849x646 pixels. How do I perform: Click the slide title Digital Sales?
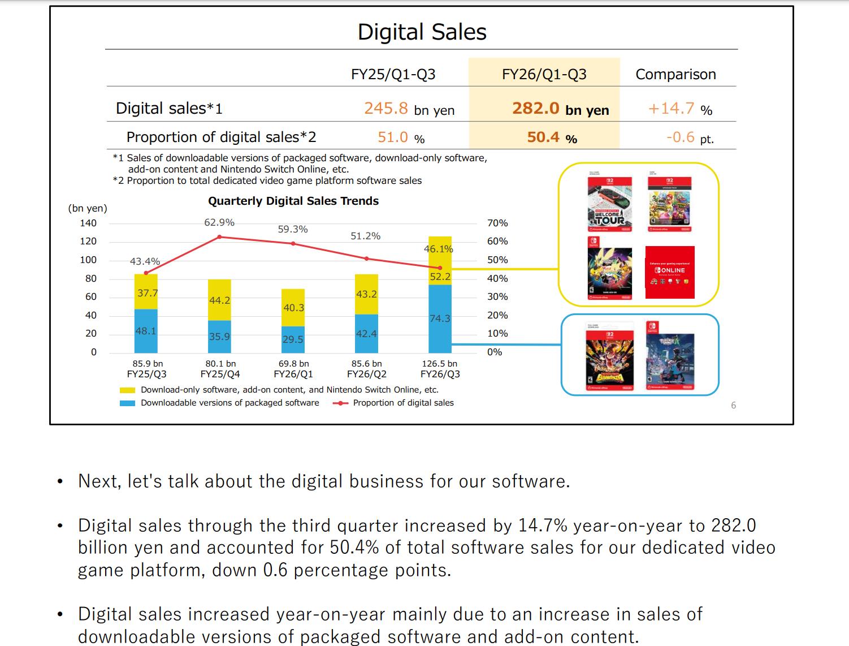422,32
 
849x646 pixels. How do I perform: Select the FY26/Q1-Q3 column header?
544,74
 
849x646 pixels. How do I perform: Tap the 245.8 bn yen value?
409,109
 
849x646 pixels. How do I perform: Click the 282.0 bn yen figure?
560,109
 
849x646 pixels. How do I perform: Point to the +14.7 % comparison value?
679,109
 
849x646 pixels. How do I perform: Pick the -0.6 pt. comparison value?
689,137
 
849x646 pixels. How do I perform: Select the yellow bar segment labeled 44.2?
219,300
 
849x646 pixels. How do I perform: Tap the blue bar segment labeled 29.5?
293,339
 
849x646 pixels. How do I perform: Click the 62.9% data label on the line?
219,223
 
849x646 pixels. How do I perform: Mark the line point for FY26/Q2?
366,259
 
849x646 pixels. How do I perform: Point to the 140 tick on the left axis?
88,223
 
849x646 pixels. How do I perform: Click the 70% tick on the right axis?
497,223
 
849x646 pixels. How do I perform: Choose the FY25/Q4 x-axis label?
220,374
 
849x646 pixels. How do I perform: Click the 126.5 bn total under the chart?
439,364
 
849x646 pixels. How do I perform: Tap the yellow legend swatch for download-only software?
127,390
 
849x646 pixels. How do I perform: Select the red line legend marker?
340,403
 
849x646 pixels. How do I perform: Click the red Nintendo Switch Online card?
670,272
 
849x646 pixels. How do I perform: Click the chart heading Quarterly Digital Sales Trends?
293,201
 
